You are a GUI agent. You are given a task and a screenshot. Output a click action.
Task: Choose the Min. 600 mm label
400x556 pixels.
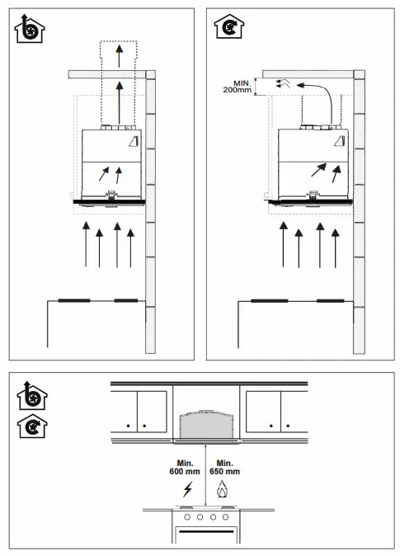pyautogui.click(x=183, y=468)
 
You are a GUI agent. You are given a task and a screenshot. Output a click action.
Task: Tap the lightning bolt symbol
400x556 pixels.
pyautogui.click(x=186, y=490)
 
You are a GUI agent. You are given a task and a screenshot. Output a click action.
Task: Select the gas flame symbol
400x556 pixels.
pyautogui.click(x=221, y=490)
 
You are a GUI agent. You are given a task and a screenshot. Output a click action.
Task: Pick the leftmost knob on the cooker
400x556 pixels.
pyautogui.click(x=186, y=517)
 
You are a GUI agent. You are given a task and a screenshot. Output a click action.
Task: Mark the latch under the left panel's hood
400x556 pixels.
pyautogui.click(x=111, y=196)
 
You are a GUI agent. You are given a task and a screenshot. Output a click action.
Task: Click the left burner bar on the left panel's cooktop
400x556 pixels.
pyautogui.click(x=73, y=301)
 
